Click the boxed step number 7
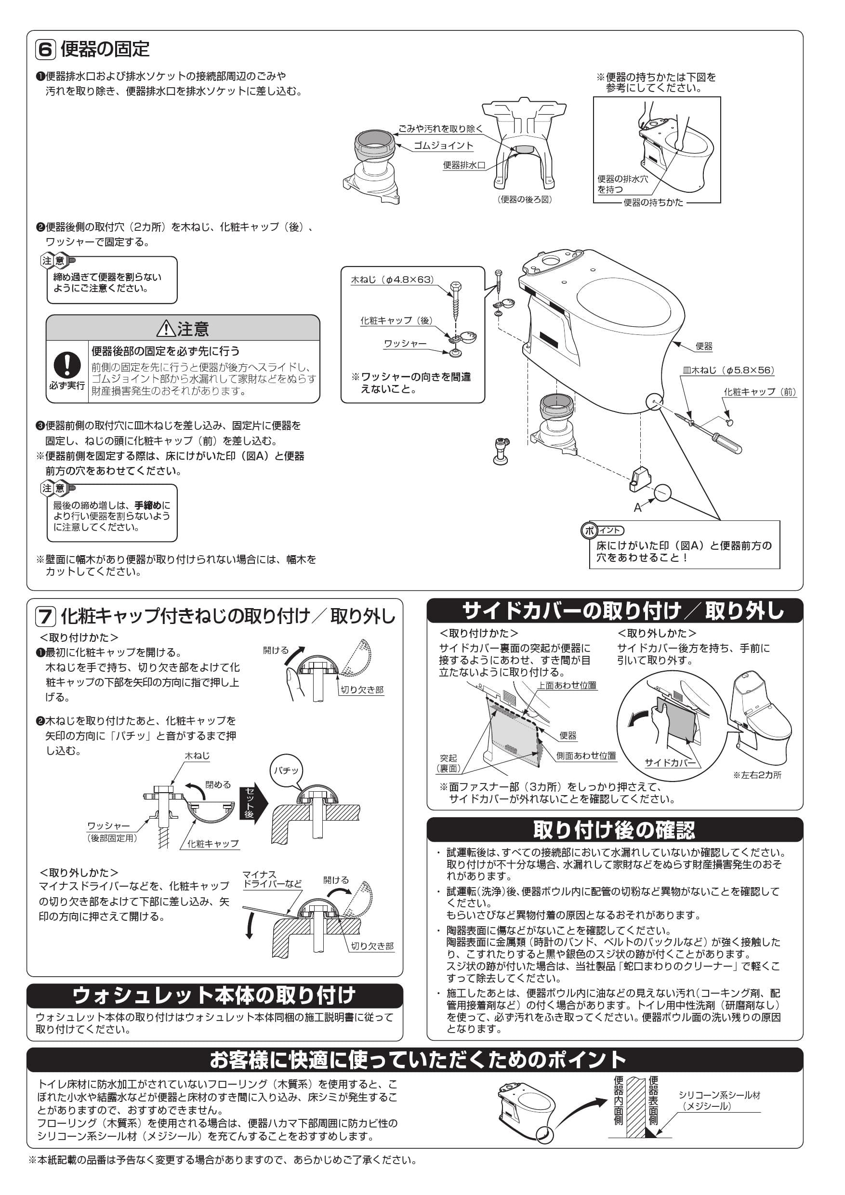click(x=45, y=617)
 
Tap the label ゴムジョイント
click(x=443, y=146)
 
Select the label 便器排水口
click(x=463, y=165)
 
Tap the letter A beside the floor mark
click(x=637, y=508)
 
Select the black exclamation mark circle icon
click(x=66, y=365)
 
